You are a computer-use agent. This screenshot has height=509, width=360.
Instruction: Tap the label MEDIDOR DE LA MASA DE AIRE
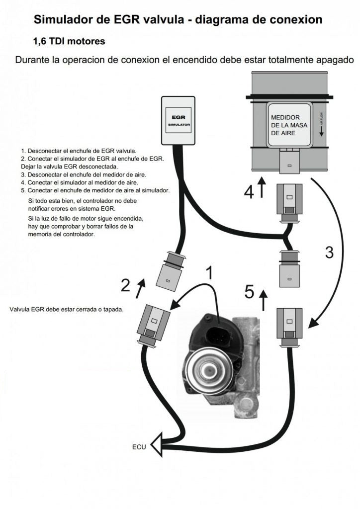(285, 125)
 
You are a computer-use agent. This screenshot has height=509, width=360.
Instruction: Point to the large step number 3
(329, 252)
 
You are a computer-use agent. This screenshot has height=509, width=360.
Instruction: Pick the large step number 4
(249, 191)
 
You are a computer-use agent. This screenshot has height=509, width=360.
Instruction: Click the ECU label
(139, 447)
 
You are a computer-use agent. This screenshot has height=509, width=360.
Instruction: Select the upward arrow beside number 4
(262, 188)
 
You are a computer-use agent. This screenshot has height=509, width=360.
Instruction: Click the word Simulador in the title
(62, 20)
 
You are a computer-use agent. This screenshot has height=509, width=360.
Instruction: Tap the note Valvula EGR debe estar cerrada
(66, 309)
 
